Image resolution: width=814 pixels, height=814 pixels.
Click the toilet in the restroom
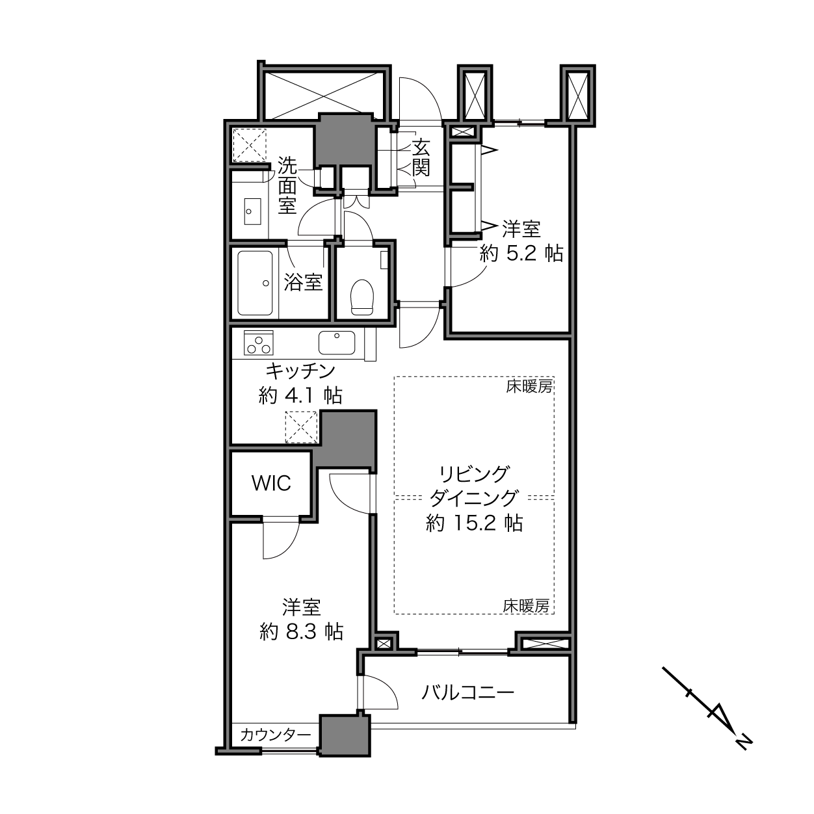click(362, 297)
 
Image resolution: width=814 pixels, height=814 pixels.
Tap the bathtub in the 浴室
click(255, 283)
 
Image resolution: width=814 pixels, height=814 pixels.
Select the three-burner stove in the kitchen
click(259, 343)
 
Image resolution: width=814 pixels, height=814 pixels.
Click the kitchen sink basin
click(337, 343)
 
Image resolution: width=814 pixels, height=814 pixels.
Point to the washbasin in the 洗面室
click(253, 211)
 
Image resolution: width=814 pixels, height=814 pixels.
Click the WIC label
click(271, 483)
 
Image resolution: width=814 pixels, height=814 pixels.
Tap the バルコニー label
click(468, 693)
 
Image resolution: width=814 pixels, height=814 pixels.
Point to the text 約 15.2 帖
click(475, 523)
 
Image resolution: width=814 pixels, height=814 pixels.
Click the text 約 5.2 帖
click(521, 254)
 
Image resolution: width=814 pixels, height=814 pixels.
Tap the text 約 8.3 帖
click(301, 632)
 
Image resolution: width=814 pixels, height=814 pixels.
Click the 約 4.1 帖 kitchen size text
click(300, 396)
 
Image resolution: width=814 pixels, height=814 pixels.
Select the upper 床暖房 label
click(529, 386)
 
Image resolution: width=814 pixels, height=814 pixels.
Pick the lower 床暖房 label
click(526, 606)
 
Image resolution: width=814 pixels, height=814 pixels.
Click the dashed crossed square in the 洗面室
click(250, 145)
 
